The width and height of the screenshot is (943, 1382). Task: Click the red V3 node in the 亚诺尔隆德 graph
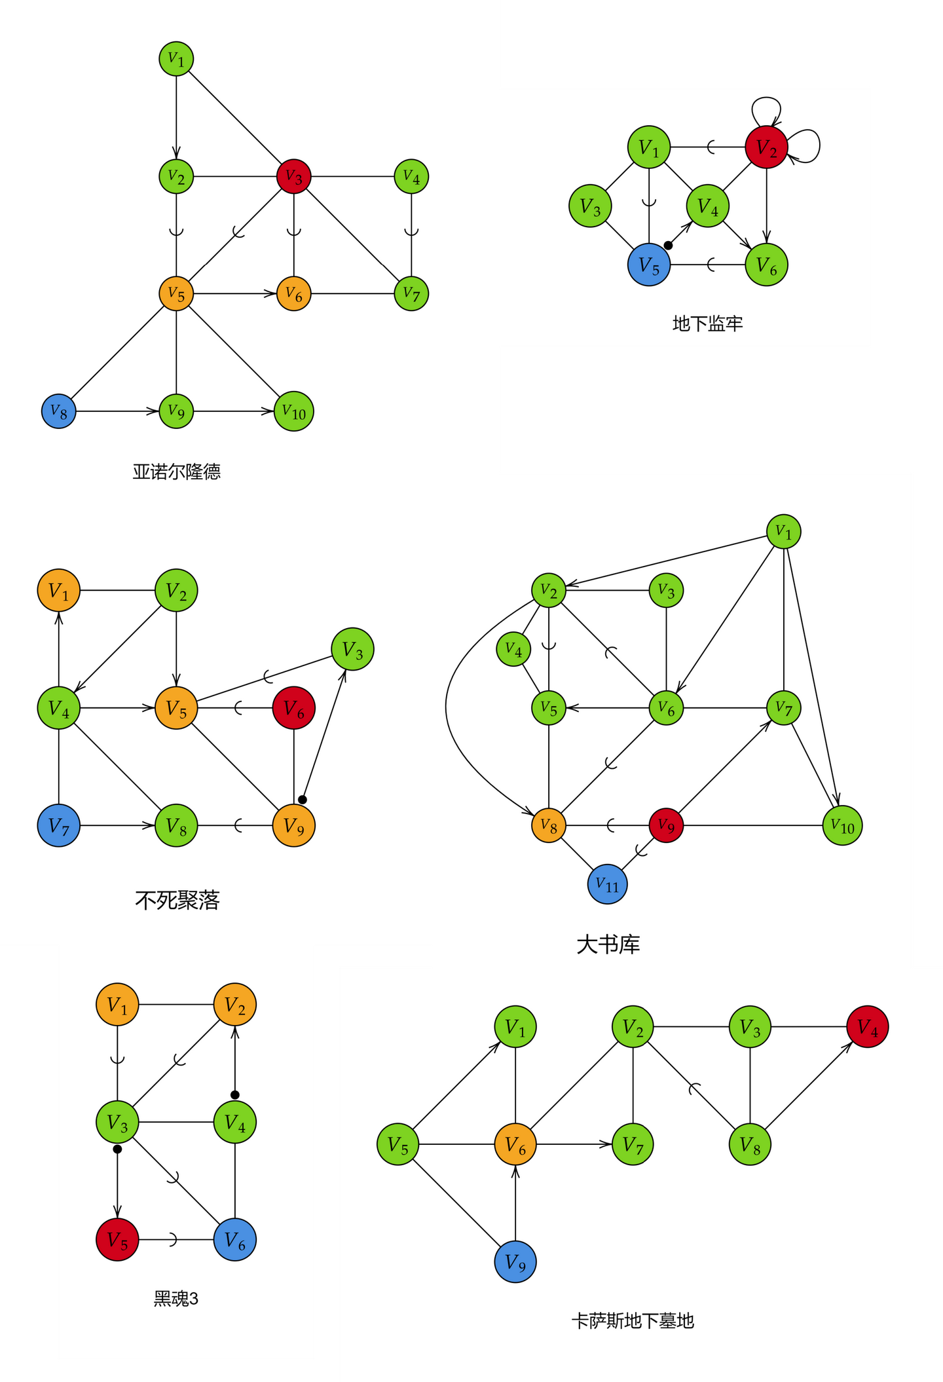293,176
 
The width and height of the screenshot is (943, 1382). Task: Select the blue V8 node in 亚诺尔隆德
59,411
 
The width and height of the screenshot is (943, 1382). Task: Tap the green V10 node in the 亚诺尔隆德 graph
293,411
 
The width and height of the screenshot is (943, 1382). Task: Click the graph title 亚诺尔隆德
176,472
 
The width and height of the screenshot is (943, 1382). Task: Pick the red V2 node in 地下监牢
766,147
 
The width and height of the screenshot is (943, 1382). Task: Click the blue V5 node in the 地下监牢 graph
648,265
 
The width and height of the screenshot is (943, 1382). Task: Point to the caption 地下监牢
707,324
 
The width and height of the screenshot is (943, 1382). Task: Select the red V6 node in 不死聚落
293,708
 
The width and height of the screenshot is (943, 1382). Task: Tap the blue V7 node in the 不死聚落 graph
59,825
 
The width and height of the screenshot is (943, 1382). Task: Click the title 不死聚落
177,900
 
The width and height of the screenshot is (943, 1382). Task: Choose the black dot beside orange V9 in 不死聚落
302,800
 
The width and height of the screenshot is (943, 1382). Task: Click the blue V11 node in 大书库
607,884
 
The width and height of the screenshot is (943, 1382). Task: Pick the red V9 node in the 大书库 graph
666,825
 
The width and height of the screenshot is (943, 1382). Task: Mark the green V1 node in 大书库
783,531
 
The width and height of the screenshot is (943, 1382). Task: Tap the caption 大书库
608,944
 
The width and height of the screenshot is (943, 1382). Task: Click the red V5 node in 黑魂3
117,1239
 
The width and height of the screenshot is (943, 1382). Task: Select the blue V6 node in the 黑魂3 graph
234,1239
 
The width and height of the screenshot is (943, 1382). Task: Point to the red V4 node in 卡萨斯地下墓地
867,1026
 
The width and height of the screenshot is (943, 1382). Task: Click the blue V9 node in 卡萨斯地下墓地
515,1261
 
